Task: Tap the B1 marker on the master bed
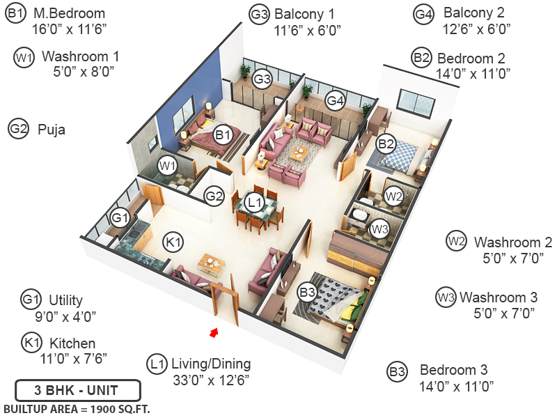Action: tap(223, 134)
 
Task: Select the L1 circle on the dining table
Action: tap(255, 203)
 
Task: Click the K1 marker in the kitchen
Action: tap(173, 242)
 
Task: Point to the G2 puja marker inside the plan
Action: tap(214, 197)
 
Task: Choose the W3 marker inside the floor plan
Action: tap(379, 228)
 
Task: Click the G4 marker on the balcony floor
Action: tap(336, 100)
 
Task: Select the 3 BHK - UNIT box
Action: tap(77, 389)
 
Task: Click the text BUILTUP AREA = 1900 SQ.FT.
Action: tap(77, 408)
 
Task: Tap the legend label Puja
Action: tap(52, 129)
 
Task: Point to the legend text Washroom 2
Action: tap(513, 242)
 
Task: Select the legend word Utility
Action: tap(65, 300)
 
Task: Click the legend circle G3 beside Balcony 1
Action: tap(260, 14)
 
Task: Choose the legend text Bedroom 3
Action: tap(454, 370)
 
